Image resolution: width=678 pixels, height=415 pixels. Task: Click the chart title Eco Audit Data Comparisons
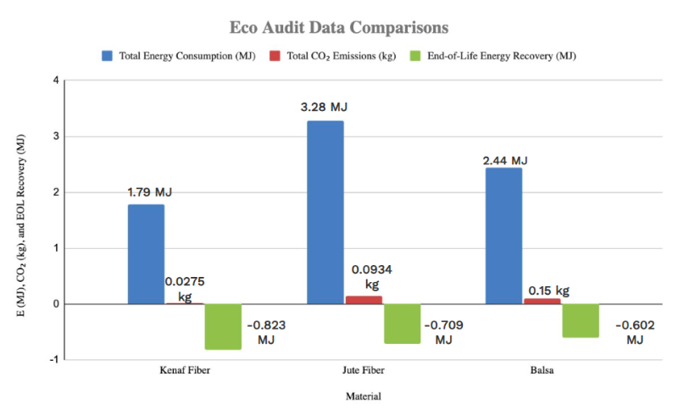(x=339, y=27)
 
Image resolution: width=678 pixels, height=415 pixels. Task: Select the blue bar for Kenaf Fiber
(x=146, y=254)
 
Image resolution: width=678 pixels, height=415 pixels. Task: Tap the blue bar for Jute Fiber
(x=325, y=212)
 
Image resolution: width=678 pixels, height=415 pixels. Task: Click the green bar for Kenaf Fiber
(x=223, y=326)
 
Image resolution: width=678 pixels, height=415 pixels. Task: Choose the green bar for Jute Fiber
(x=402, y=324)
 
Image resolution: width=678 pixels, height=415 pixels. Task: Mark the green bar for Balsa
(x=581, y=320)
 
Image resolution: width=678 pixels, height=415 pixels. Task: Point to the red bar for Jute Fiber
(x=364, y=300)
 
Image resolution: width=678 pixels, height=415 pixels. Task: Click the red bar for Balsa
(x=542, y=301)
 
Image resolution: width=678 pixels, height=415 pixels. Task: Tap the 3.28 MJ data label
(x=324, y=108)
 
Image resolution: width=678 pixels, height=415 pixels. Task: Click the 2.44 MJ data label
(x=503, y=161)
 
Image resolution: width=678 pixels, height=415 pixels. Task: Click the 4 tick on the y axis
(x=55, y=80)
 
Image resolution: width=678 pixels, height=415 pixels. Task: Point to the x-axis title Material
(x=363, y=396)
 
